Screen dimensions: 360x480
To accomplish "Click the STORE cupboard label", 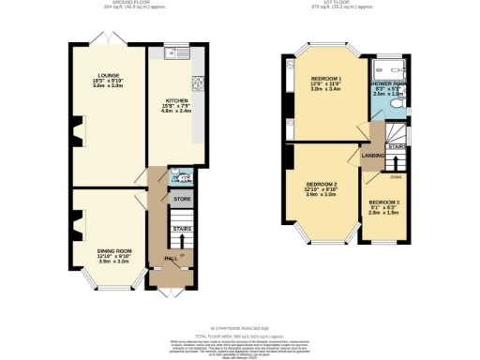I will (181, 198).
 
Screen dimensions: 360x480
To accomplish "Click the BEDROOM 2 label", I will (322, 185).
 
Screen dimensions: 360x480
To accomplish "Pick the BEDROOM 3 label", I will (383, 202).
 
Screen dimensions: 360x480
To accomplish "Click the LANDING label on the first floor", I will (372, 156).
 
